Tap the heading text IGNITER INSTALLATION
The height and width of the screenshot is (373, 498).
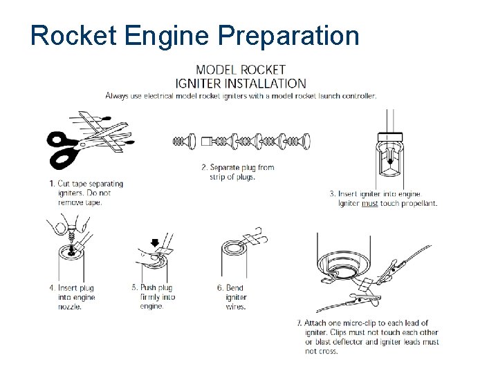click(x=241, y=83)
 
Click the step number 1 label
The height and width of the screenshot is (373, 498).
click(x=52, y=184)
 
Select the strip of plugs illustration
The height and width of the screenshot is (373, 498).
click(x=241, y=142)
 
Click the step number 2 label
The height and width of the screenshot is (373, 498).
click(x=204, y=167)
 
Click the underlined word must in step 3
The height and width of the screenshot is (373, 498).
click(x=369, y=204)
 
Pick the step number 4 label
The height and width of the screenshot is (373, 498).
click(x=52, y=288)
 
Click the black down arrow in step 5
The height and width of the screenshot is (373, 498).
click(x=155, y=242)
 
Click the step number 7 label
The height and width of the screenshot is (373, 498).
click(x=299, y=323)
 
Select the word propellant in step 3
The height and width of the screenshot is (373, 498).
click(x=418, y=204)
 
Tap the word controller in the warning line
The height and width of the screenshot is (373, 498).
click(x=358, y=96)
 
